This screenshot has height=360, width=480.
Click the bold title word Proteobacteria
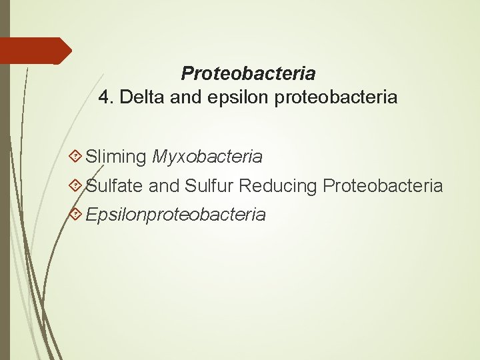coord(248,73)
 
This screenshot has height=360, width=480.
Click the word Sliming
coord(116,157)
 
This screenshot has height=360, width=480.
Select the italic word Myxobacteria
coord(207,157)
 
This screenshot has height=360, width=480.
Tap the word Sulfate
coord(115,186)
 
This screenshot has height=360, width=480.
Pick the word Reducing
coord(278,186)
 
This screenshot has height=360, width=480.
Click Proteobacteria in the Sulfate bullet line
coord(383,186)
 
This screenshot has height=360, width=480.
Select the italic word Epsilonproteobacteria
coord(176,215)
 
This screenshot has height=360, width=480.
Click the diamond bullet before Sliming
coord(77,157)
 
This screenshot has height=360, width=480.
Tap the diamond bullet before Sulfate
coord(77,185)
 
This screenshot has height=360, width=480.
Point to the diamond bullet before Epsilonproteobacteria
coord(77,214)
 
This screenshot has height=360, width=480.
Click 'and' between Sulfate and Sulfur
coord(164,186)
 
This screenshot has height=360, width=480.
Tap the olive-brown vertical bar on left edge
coord(5,200)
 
